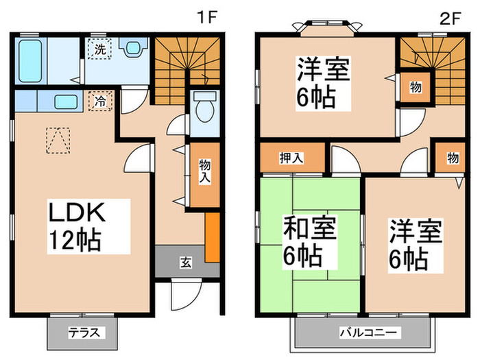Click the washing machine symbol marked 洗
point(100,49)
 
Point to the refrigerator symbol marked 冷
point(100,101)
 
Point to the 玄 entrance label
point(185,261)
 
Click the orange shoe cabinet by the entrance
point(213,237)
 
